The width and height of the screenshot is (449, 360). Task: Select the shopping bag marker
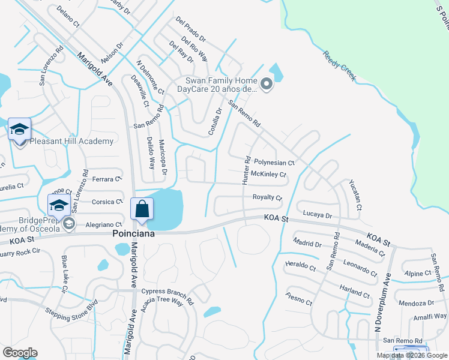coord(142,210)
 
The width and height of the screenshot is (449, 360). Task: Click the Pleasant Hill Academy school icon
coord(19,130)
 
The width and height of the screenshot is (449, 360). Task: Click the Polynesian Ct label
coord(274,163)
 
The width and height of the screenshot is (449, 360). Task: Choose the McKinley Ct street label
coord(268,175)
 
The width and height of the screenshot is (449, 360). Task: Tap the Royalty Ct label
coord(267,197)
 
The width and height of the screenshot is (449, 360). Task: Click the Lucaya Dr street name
coord(318,215)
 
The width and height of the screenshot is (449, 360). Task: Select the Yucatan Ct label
coord(356,195)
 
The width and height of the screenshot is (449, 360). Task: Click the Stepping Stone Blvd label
coord(71,310)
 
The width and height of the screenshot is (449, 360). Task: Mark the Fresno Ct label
coord(299,298)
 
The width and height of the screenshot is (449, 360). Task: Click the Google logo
coord(20,352)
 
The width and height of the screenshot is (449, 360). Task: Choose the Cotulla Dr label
coord(215,121)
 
